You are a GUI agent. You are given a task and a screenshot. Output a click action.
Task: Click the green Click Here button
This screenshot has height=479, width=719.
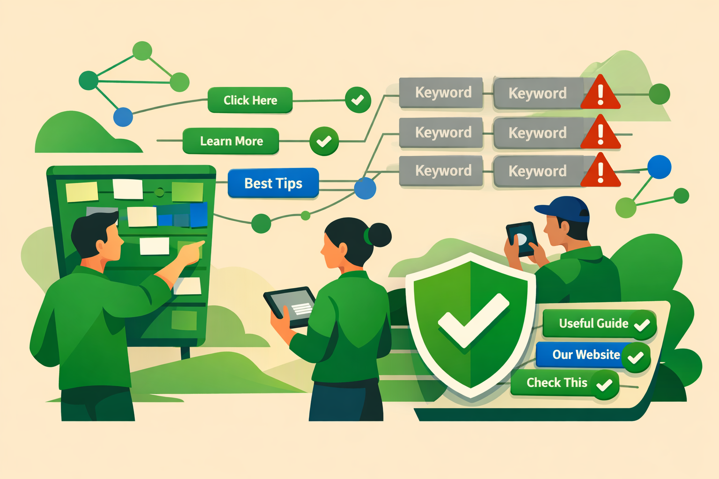250,100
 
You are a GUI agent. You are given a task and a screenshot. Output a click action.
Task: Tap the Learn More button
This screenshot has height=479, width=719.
231,141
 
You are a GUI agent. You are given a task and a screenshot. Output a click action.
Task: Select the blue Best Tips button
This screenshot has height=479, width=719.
273,183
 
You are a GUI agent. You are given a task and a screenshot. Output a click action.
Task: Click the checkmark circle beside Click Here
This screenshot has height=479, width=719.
358,100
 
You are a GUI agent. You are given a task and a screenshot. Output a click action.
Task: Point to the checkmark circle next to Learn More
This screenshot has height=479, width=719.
324,141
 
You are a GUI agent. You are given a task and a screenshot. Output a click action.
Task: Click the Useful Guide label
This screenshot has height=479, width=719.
593,323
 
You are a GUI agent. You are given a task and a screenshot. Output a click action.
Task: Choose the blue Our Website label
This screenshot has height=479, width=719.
586,355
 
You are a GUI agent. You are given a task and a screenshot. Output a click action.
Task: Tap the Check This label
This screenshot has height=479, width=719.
557,383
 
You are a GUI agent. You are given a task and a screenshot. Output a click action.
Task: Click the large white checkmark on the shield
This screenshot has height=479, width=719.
473,321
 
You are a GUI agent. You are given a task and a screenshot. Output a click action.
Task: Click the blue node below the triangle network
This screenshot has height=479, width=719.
123,117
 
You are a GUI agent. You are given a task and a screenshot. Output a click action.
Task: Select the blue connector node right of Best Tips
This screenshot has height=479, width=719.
365,188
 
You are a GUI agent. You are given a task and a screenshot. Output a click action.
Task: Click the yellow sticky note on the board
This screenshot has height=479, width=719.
82,192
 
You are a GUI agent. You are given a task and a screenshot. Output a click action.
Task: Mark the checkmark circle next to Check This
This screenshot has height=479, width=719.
605,385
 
